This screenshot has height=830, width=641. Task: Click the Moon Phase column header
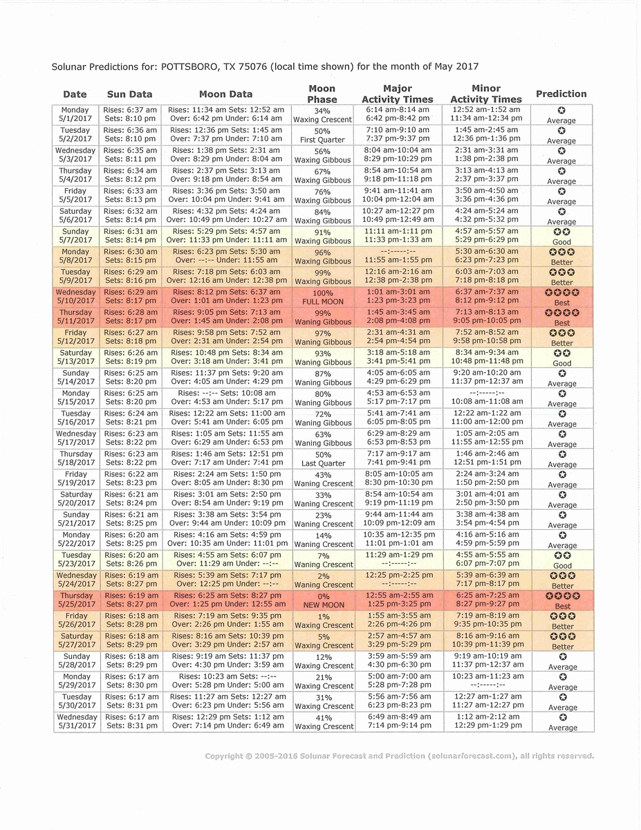[322, 94]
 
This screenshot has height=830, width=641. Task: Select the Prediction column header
[561, 94]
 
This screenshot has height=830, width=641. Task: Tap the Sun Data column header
[129, 95]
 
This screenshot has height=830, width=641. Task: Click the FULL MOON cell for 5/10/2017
[322, 297]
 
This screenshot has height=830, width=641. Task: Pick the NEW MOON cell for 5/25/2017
[322, 601]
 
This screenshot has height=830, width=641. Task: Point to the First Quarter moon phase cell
[322, 136]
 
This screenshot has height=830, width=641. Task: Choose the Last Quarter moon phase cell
[323, 459]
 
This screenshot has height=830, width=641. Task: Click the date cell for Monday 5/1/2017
[75, 114]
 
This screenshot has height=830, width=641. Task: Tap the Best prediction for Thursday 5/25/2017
[562, 600]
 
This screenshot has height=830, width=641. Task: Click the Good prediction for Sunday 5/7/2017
[561, 237]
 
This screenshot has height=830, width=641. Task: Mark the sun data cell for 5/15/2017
[131, 397]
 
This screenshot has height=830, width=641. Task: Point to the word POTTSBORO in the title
[196, 66]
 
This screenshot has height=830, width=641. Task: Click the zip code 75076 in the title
[252, 66]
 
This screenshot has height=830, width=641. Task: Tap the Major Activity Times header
[397, 94]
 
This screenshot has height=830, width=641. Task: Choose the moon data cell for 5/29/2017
[227, 681]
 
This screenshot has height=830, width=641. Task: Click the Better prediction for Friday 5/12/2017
[561, 338]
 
